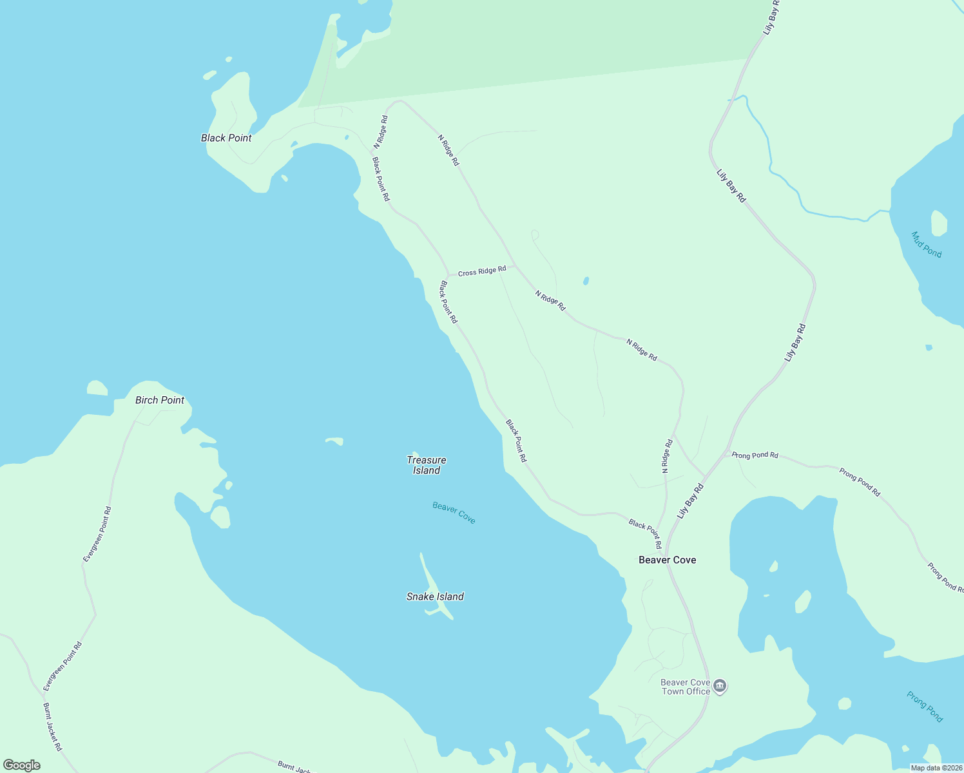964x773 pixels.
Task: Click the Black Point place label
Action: tap(226, 138)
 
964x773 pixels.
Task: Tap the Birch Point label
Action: tap(160, 400)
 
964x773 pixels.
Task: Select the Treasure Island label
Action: tap(427, 465)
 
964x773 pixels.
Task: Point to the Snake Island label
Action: tap(435, 596)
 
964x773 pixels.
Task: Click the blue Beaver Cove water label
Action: tap(454, 513)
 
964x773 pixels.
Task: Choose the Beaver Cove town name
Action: tap(667, 560)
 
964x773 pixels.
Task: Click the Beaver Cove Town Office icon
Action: tap(720, 686)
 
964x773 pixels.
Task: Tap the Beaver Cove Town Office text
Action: tap(686, 687)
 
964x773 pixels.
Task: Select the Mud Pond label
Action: tap(927, 245)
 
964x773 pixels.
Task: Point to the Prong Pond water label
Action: tap(925, 707)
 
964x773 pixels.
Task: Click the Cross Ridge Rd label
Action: tap(482, 272)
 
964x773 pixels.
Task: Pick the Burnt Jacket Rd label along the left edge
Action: tap(52, 727)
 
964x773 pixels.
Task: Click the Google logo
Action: tap(22, 765)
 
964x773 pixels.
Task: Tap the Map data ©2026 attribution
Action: tap(936, 768)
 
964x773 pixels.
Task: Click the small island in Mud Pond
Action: tap(939, 223)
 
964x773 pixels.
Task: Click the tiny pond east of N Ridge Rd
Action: tap(585, 281)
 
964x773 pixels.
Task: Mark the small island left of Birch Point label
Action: tap(97, 388)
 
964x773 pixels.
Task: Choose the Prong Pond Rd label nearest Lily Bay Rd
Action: tap(755, 455)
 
